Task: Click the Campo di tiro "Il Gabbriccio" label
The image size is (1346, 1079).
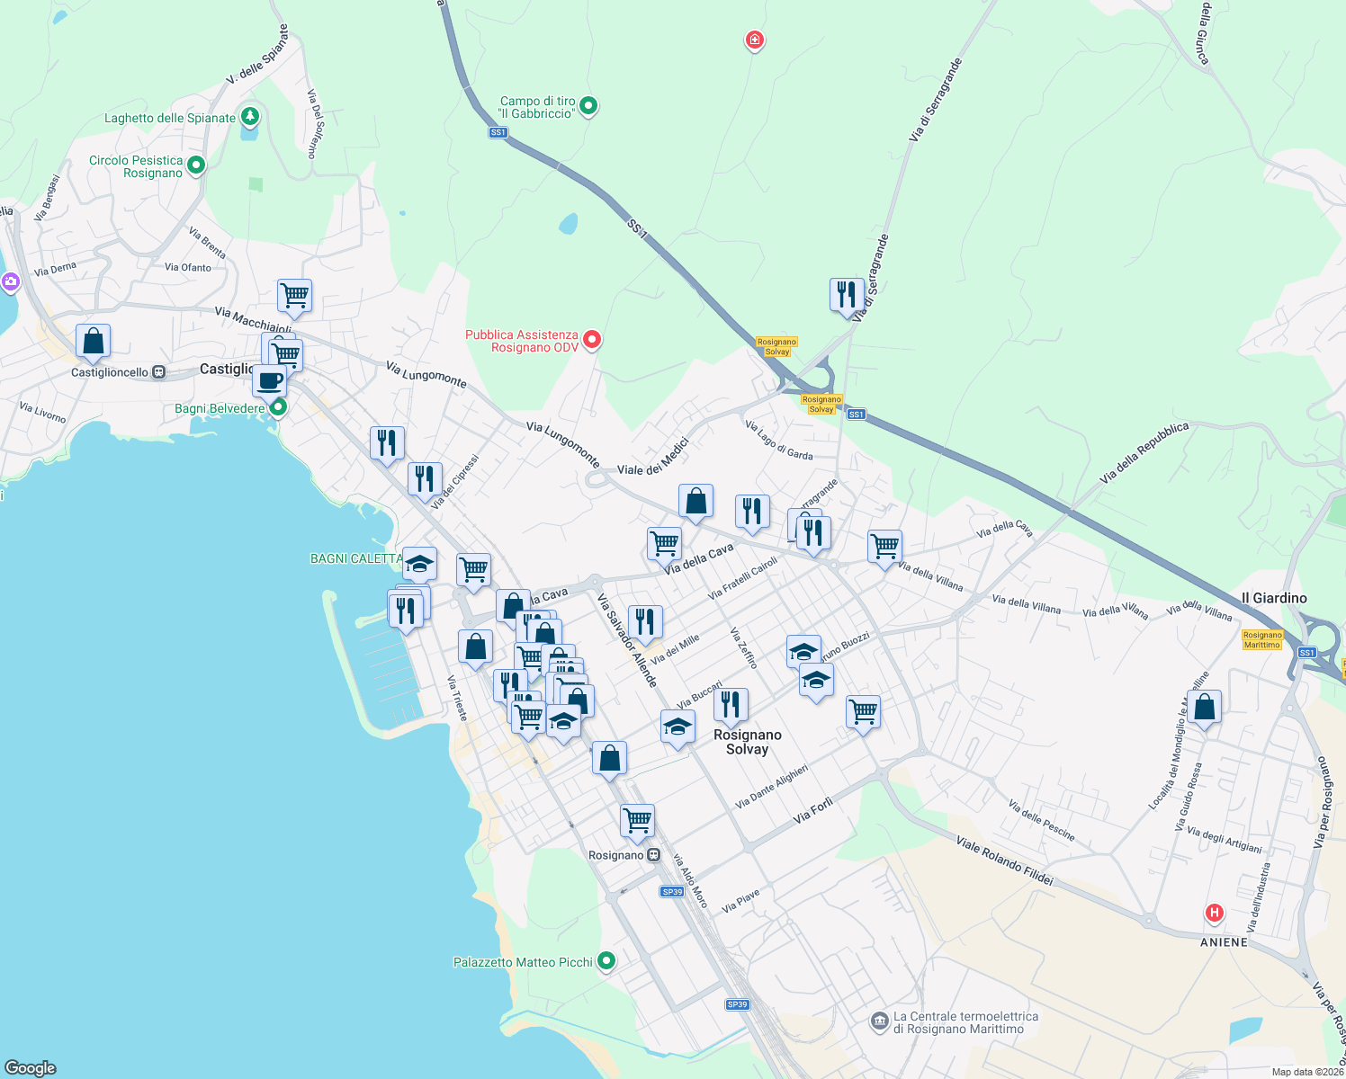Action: point(537,107)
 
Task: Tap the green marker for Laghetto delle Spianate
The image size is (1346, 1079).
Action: point(250,117)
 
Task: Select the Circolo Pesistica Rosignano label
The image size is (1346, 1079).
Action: point(136,166)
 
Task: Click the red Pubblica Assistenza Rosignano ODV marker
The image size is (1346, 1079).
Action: point(592,339)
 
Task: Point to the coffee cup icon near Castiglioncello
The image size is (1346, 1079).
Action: point(269,380)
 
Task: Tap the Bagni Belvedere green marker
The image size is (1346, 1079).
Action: point(278,407)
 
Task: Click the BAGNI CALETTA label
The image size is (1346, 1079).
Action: point(356,558)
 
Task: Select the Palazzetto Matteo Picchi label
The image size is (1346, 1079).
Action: point(523,962)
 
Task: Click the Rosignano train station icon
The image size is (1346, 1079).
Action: point(654,855)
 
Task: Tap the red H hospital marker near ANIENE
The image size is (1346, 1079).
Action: point(1215,914)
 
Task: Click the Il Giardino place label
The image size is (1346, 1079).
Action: point(1274,598)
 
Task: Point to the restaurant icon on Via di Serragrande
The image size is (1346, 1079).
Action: point(847,294)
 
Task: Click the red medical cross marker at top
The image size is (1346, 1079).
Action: point(754,40)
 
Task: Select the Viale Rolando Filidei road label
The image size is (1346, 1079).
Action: point(1004,861)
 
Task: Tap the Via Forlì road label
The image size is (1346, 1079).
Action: point(813,811)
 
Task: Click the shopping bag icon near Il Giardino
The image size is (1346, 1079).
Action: point(1204,707)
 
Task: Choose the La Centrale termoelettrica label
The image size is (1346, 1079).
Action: point(965,1022)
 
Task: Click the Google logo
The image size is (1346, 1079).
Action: point(31,1067)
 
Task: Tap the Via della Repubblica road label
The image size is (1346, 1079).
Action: point(1144,452)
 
